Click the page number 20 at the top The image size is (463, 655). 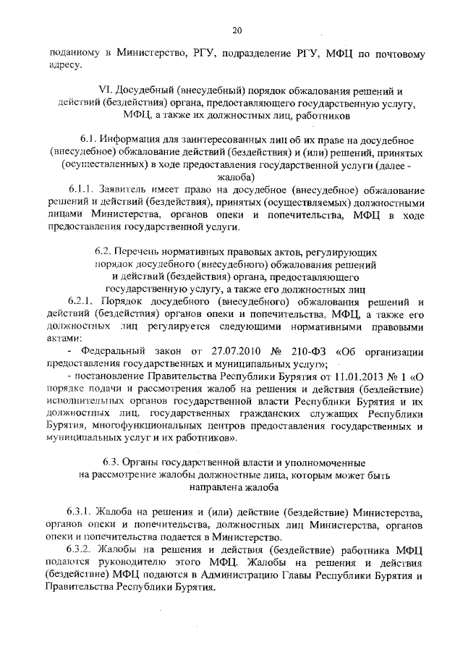[x=237, y=30]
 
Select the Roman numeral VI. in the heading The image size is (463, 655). [x=103, y=90]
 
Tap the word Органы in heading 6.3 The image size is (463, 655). [x=142, y=462]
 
